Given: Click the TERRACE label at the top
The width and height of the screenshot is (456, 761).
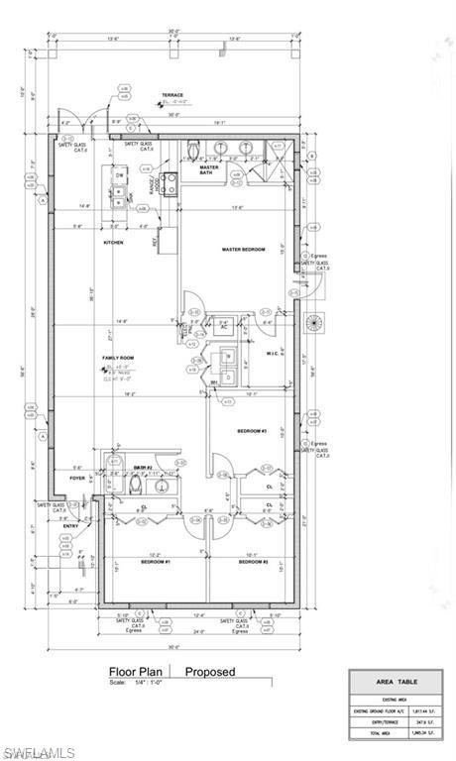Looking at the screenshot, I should (173, 96).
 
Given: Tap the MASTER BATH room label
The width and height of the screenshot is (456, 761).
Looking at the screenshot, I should (209, 169).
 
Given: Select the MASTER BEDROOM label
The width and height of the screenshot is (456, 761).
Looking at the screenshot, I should (243, 249).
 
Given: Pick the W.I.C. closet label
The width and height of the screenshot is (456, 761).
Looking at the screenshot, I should (275, 353).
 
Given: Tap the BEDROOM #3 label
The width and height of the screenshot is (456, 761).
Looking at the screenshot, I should (252, 431).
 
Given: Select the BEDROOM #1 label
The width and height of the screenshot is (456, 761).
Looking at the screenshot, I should (156, 562).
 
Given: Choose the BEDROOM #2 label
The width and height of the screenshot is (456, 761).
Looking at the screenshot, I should (253, 562).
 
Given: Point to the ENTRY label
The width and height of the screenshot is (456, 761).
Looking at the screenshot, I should (71, 525).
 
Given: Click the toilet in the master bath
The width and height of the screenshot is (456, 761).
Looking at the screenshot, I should (194, 151).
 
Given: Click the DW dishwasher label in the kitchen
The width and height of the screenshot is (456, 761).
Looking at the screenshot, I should (119, 175).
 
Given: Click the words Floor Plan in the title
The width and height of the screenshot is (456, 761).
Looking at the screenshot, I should (137, 672).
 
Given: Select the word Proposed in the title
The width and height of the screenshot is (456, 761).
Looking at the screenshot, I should (210, 672).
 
